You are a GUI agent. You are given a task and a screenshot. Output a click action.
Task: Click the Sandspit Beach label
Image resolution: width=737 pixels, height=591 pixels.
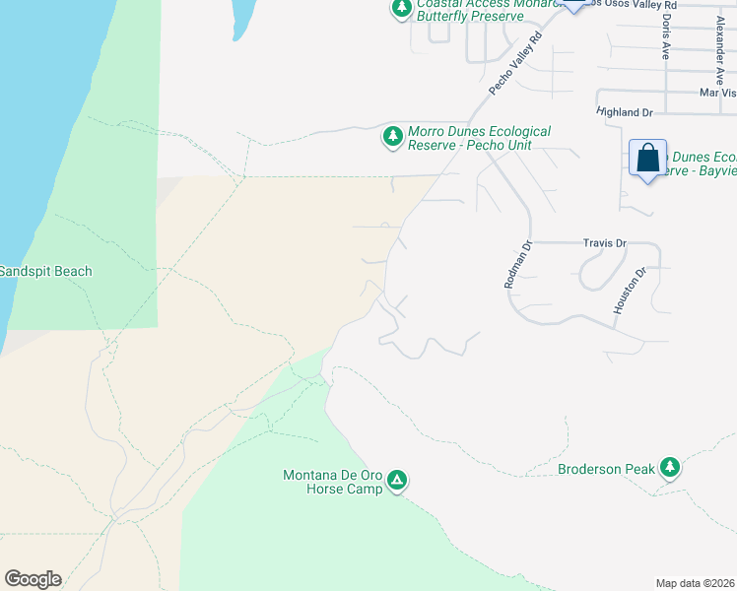(46, 271)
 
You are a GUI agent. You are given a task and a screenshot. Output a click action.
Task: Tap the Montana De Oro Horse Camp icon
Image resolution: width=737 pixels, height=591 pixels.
(397, 481)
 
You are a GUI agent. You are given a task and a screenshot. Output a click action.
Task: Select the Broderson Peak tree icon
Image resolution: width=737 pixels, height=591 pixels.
(671, 468)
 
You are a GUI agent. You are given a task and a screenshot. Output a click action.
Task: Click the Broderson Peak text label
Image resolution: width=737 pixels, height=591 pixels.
(606, 469)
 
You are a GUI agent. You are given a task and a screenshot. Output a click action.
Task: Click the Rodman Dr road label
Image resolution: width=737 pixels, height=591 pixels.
(517, 264)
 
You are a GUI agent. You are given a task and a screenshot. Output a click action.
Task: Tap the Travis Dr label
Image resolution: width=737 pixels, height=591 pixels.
(604, 242)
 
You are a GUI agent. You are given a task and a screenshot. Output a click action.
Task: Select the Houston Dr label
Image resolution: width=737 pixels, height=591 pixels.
(629, 291)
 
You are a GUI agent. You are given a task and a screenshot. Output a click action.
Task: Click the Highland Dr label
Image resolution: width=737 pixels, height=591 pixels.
(625, 113)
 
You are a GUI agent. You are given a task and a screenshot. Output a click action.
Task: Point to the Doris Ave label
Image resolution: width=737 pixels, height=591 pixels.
(667, 35)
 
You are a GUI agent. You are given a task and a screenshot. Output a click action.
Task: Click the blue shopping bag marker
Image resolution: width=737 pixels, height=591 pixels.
(647, 158)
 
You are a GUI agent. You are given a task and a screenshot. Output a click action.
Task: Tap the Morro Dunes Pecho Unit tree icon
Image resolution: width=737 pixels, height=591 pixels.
(393, 137)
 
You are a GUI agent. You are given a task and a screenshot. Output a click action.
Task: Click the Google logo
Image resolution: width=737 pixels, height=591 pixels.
(33, 579)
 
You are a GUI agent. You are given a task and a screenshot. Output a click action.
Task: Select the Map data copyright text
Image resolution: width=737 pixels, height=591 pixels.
(696, 583)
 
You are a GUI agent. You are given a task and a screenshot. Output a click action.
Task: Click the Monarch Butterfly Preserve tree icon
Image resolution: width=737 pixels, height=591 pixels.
(401, 9)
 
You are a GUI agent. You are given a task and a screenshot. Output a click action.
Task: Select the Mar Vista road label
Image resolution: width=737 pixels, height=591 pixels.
(717, 93)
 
